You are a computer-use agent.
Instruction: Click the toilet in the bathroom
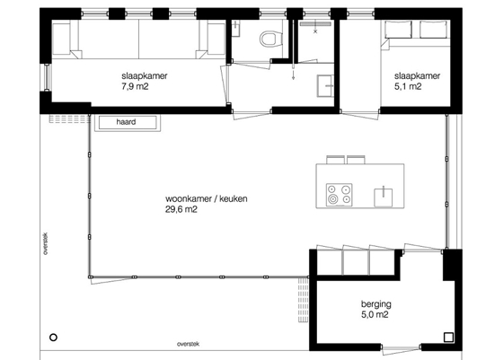[269, 39]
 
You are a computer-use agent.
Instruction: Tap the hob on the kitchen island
[340, 195]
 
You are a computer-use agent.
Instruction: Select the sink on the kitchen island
[383, 198]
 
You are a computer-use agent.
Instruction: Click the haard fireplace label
[126, 122]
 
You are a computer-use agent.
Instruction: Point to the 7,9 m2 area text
[135, 87]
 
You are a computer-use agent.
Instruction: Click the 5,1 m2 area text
[408, 87]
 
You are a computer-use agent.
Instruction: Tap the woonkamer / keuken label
[207, 198]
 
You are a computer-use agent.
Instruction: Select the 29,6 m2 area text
[181, 209]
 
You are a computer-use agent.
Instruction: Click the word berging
[376, 304]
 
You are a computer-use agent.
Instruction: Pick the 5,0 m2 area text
[375, 314]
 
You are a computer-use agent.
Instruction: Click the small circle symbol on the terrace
[53, 338]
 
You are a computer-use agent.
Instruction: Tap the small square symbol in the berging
[448, 338]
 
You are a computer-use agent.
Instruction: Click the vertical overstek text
[45, 243]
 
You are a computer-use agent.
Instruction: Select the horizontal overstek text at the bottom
[189, 344]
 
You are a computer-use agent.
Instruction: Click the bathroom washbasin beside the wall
[325, 86]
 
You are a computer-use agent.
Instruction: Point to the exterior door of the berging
[401, 348]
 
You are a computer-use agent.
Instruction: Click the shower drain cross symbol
[315, 31]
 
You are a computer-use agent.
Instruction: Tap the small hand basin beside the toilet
[235, 28]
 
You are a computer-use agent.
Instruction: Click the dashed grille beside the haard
[70, 119]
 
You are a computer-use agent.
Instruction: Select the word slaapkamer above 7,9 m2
[145, 76]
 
